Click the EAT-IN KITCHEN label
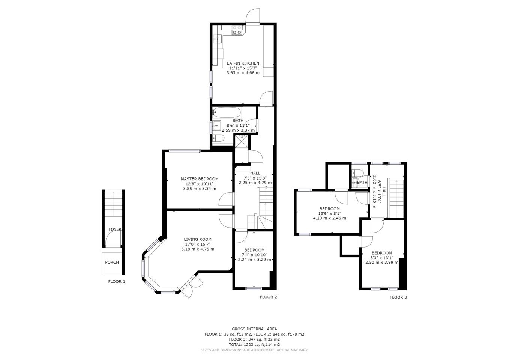coord(243,63)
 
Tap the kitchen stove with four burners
coord(237,30)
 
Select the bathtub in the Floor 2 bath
coord(227,112)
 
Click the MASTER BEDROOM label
coord(200,179)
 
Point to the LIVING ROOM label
coord(198,239)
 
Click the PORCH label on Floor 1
coord(112,262)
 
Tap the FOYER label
coord(115,229)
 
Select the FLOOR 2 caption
coord(268,297)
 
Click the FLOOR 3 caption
coord(398,297)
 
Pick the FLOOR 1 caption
coord(117,281)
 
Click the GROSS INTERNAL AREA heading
coord(254,328)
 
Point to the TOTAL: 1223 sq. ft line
coord(254,345)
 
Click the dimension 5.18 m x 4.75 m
coord(198,249)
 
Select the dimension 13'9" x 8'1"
coord(329,213)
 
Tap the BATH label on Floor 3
coord(362,182)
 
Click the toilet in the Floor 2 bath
coord(219,138)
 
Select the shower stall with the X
coord(242,141)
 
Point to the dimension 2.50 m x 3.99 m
coord(382,262)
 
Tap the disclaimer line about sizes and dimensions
coord(254,350)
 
